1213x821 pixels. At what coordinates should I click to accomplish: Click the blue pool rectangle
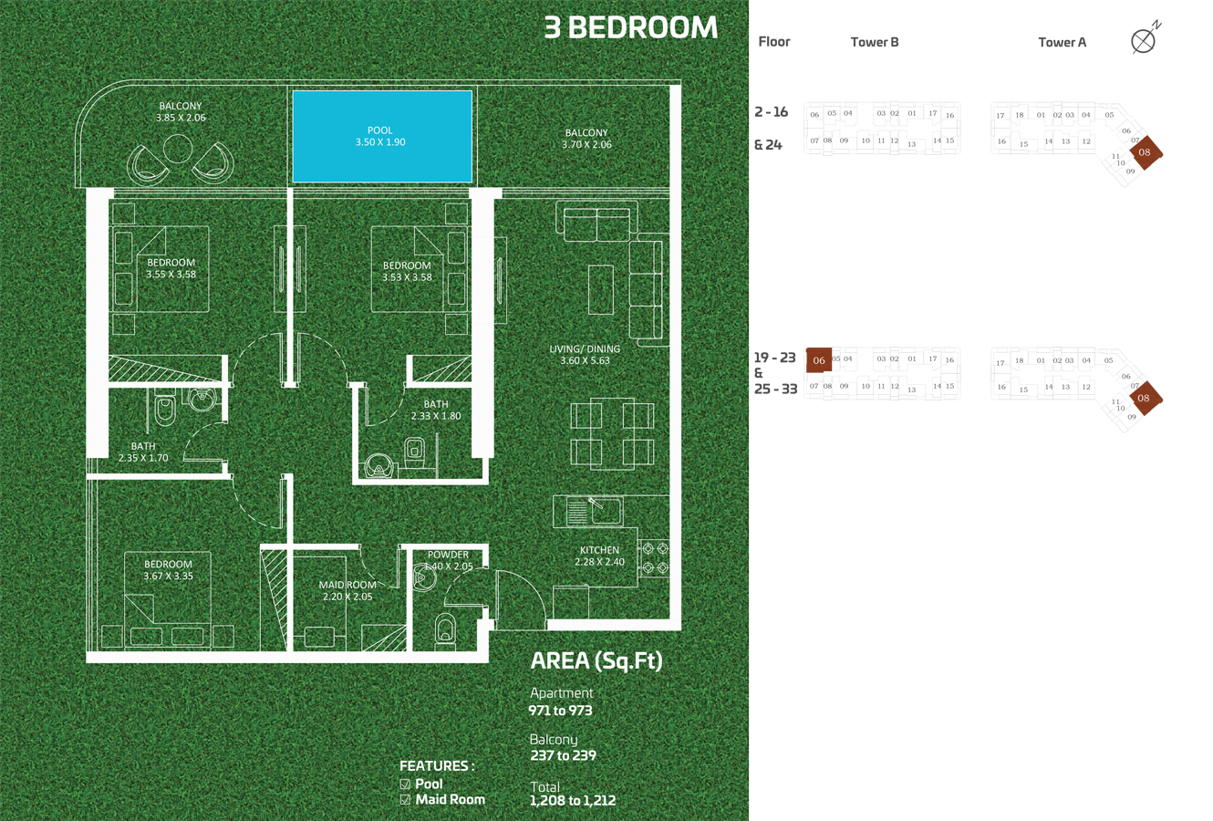tap(382, 137)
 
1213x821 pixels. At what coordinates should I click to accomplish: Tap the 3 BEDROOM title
tap(630, 27)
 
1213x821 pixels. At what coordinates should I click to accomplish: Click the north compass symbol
tap(1143, 40)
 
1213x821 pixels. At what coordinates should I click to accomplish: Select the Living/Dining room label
tap(585, 355)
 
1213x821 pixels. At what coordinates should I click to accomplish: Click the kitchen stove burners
tap(656, 558)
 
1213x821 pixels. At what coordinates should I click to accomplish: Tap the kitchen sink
tap(605, 510)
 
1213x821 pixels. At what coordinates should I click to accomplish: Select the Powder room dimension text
tap(449, 566)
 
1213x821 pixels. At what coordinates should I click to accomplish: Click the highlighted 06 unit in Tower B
tap(819, 360)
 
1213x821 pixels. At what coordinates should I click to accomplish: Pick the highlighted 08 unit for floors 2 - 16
tap(1145, 152)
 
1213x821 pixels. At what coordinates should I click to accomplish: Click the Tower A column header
tap(1062, 42)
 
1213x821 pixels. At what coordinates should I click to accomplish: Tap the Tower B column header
tap(874, 42)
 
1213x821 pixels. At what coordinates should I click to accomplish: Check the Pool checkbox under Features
tap(406, 785)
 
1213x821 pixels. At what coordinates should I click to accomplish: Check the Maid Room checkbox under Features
tap(406, 800)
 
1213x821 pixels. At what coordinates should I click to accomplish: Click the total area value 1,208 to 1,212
tap(572, 801)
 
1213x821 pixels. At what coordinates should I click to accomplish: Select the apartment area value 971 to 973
tap(560, 711)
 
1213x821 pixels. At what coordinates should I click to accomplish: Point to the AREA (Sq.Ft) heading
tap(596, 661)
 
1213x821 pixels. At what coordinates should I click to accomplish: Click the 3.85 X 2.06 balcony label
tap(181, 118)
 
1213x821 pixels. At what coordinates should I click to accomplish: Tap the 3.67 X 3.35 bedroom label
tap(168, 576)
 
